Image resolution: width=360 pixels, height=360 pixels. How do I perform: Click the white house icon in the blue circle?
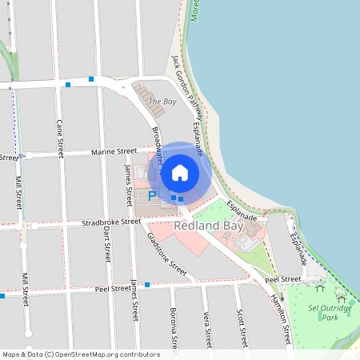180,172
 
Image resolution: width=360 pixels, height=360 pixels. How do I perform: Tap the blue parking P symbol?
153,195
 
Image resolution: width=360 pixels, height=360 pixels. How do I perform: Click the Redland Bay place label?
207,226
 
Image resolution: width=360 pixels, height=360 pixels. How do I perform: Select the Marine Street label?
114,150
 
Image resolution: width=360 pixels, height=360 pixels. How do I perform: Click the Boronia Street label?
173,328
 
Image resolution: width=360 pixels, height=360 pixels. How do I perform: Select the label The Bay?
162,102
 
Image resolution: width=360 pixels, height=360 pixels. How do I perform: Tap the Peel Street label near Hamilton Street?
282,279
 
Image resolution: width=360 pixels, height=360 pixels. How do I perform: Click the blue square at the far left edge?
2,296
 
